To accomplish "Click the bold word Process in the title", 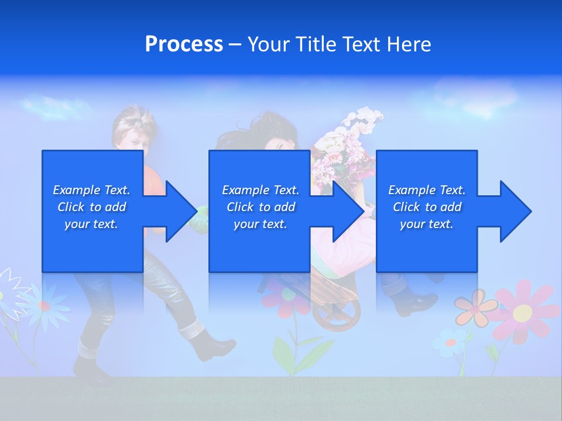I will [x=184, y=44].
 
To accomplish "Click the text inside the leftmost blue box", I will [x=91, y=207].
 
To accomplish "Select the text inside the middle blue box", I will [x=260, y=207].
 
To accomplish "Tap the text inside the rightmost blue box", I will [x=426, y=207].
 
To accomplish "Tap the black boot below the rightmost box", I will [x=419, y=301].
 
